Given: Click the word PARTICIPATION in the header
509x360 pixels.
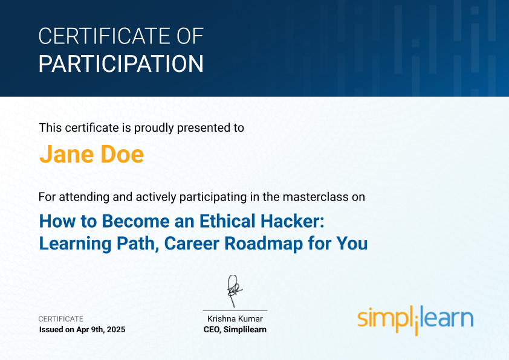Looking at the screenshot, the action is click(121, 64).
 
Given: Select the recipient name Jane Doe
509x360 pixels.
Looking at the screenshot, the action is click(91, 154).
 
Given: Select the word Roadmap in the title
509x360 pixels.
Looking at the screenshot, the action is click(264, 243).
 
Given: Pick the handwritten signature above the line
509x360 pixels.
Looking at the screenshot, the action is click(235, 291).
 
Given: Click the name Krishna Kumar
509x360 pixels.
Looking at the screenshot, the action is click(235, 319).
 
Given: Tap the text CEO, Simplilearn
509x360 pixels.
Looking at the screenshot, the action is click(235, 330).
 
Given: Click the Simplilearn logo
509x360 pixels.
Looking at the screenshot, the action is click(415, 320).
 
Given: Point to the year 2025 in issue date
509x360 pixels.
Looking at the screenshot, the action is click(116, 330).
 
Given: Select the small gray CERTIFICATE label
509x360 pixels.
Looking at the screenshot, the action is click(61, 319).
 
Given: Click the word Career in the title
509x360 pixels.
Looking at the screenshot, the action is click(192, 243).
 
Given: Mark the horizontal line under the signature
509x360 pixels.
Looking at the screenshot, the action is click(235, 310).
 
